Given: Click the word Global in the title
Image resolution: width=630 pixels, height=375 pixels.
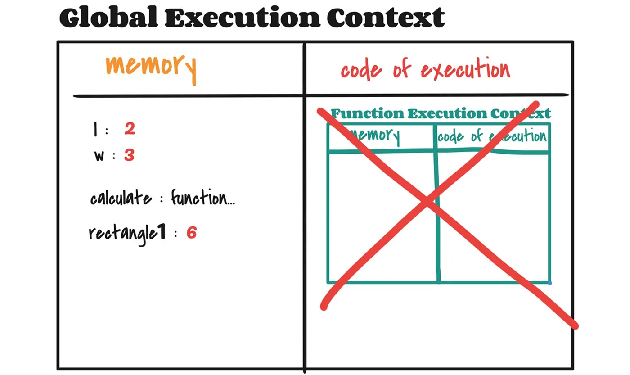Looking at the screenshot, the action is [108, 18].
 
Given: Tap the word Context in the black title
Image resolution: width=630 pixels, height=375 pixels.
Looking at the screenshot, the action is [386, 18].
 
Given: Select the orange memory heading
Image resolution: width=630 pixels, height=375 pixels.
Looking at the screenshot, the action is [151, 69].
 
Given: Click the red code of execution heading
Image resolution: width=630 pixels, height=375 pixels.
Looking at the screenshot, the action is [426, 69].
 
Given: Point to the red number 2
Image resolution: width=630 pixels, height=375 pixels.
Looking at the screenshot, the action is [130, 129].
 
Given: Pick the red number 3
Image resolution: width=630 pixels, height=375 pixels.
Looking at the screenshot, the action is [130, 155].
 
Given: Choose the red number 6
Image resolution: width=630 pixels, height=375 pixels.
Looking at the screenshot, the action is [192, 233].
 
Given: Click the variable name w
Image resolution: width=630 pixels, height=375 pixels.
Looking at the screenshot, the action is [99, 156].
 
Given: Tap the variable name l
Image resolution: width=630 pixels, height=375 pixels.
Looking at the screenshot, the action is [95, 129].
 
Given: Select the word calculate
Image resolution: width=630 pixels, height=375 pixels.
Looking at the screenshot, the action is [121, 198].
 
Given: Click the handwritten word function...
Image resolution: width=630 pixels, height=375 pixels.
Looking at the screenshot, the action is [202, 198].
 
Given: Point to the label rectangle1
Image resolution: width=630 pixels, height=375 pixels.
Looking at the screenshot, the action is [127, 234].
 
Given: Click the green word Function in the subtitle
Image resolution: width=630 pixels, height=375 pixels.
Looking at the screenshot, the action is [368, 113].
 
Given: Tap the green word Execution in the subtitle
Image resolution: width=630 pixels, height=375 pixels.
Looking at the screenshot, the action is [447, 113].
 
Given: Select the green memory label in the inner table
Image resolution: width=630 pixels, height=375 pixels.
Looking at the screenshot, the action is [373, 136].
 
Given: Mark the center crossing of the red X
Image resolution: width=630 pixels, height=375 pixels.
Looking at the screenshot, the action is [427, 201].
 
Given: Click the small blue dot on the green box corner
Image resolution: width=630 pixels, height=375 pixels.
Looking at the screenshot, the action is [550, 283].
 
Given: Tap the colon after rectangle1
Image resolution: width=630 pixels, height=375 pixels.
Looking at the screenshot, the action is [176, 234].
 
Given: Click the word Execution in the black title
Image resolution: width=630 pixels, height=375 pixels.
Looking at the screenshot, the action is [243, 18].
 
